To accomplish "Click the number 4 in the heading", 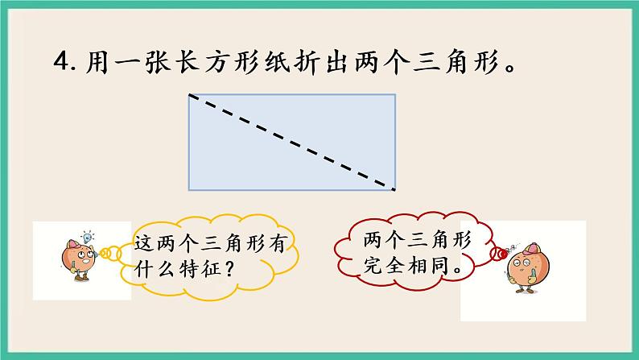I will (60, 62).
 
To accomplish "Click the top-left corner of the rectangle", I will (189, 95).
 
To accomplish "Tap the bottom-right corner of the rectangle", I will (395, 190).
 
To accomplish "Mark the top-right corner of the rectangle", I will (395, 95).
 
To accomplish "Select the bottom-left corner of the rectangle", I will (189, 190).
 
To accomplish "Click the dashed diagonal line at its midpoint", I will (292, 143).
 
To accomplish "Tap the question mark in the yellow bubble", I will (228, 266).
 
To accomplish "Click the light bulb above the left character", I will (89, 237).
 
